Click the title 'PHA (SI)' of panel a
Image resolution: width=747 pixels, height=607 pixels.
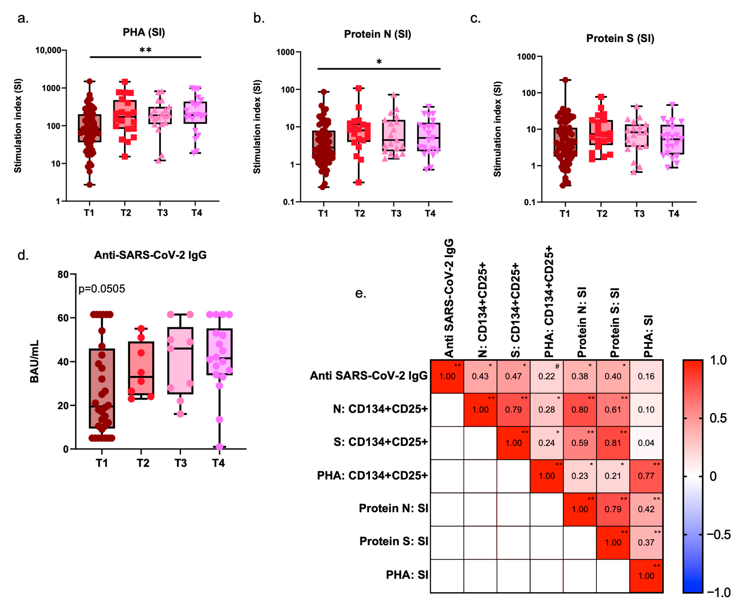144,32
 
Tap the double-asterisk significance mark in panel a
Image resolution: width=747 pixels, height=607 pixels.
145,50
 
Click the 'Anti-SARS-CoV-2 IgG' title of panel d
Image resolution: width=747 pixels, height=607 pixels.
150,255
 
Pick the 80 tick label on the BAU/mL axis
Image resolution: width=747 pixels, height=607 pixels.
63,274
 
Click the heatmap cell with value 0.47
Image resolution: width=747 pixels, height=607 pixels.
513,376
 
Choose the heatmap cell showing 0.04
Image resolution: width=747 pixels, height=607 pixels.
646,443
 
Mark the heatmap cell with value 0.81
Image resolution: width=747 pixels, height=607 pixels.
613,443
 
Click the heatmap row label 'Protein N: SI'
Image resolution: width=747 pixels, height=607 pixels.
393,508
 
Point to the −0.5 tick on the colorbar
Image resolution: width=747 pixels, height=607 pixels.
718,535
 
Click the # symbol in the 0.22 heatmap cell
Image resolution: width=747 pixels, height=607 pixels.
557,366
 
